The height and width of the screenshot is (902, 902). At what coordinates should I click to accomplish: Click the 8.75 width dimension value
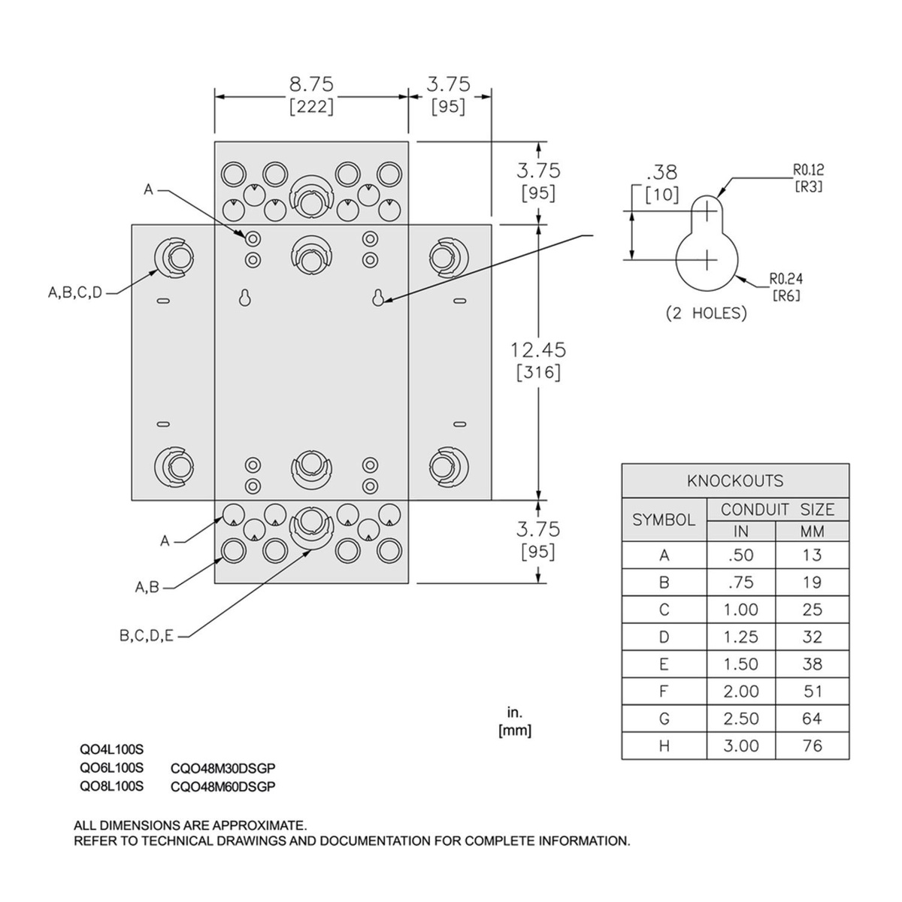click(311, 85)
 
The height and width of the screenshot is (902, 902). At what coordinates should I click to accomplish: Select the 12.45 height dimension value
click(538, 350)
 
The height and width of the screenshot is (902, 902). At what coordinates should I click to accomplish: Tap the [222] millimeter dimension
click(311, 107)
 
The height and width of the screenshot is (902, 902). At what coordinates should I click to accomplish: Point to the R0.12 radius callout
click(808, 169)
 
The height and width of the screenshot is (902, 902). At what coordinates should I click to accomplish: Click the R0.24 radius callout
click(786, 279)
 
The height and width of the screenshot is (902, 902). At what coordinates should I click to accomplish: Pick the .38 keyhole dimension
click(661, 172)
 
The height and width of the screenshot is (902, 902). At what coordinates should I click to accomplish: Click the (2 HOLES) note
click(707, 313)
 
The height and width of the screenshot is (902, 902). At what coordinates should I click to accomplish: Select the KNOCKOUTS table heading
click(735, 481)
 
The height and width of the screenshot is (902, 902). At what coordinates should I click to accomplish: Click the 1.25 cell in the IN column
click(740, 637)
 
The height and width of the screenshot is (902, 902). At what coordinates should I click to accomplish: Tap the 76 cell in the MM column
click(812, 746)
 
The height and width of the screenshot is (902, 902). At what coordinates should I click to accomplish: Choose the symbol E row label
click(664, 664)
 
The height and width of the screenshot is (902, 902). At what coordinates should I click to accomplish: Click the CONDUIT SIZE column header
click(777, 510)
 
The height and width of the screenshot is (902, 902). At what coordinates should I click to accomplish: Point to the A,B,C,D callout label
click(75, 293)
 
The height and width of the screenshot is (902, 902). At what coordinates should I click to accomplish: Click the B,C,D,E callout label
click(147, 636)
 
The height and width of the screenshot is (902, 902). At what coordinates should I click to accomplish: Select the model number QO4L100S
click(111, 750)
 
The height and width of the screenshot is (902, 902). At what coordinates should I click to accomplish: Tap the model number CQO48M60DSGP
click(223, 787)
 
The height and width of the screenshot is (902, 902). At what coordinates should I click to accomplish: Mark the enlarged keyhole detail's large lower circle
click(707, 260)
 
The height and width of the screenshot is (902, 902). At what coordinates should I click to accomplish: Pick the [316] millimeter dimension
click(538, 373)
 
